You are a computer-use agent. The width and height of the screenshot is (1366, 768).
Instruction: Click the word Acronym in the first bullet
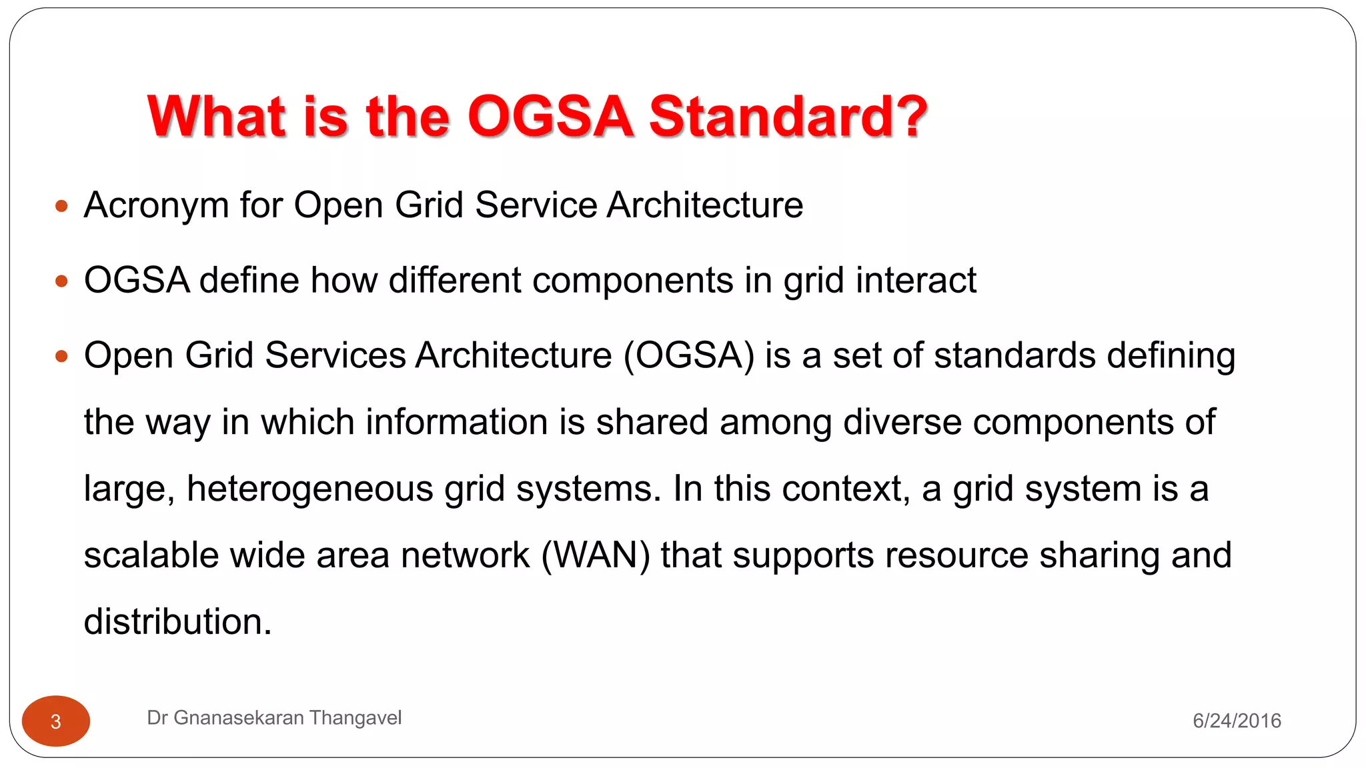click(x=156, y=205)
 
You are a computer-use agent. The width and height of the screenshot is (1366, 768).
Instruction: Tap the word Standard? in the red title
click(x=788, y=117)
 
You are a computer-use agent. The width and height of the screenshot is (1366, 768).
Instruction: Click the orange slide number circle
click(x=56, y=721)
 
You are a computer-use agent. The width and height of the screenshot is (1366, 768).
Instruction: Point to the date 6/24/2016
click(x=1237, y=721)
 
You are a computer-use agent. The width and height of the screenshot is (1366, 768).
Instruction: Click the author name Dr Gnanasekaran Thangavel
click(x=274, y=718)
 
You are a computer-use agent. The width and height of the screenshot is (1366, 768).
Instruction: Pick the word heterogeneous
click(x=310, y=489)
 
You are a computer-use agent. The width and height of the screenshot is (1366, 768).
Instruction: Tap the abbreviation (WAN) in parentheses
click(x=595, y=555)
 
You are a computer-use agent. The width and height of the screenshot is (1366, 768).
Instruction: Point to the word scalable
click(x=151, y=555)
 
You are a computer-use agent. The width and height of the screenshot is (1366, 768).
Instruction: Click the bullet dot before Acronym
click(x=61, y=206)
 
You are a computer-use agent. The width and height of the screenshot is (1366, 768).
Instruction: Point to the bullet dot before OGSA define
click(x=61, y=281)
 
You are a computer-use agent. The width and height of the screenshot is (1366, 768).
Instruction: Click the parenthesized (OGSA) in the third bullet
click(x=689, y=355)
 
